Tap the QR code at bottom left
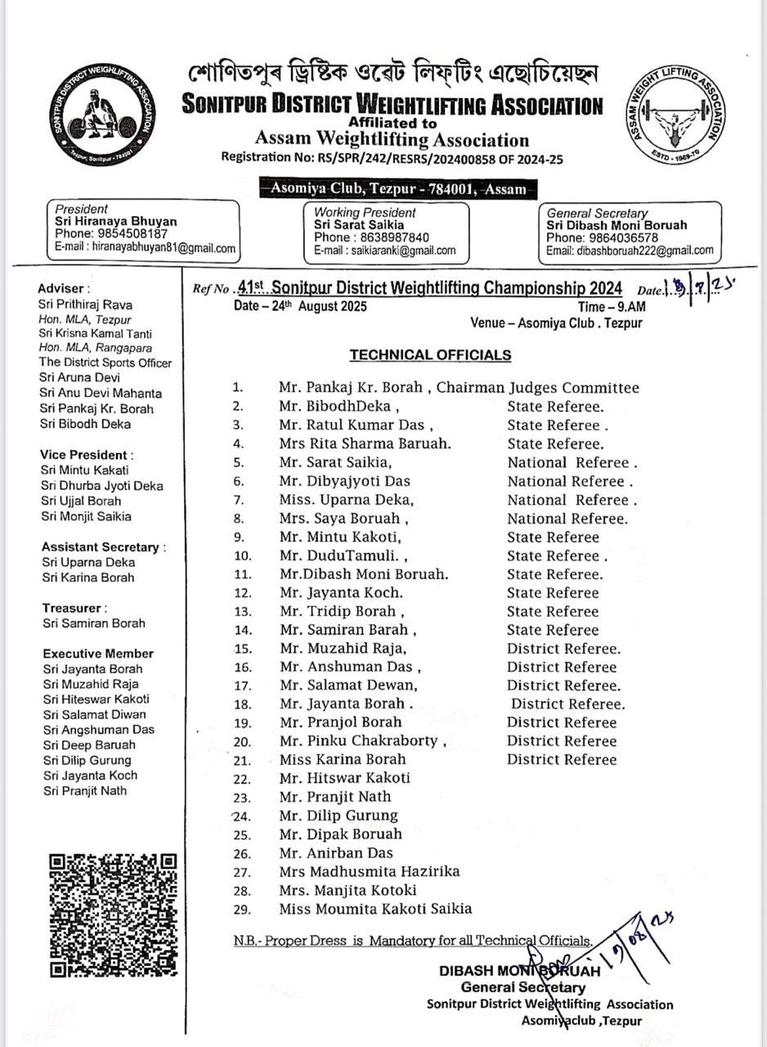coord(113,914)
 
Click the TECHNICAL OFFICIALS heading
coord(430,355)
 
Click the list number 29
coord(242,910)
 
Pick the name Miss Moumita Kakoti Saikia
coord(375,909)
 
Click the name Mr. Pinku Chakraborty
coord(363,741)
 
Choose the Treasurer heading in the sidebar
coord(74,608)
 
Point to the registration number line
coord(392,159)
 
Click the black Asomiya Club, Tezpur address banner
coord(398,189)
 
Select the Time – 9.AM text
coord(612,307)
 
